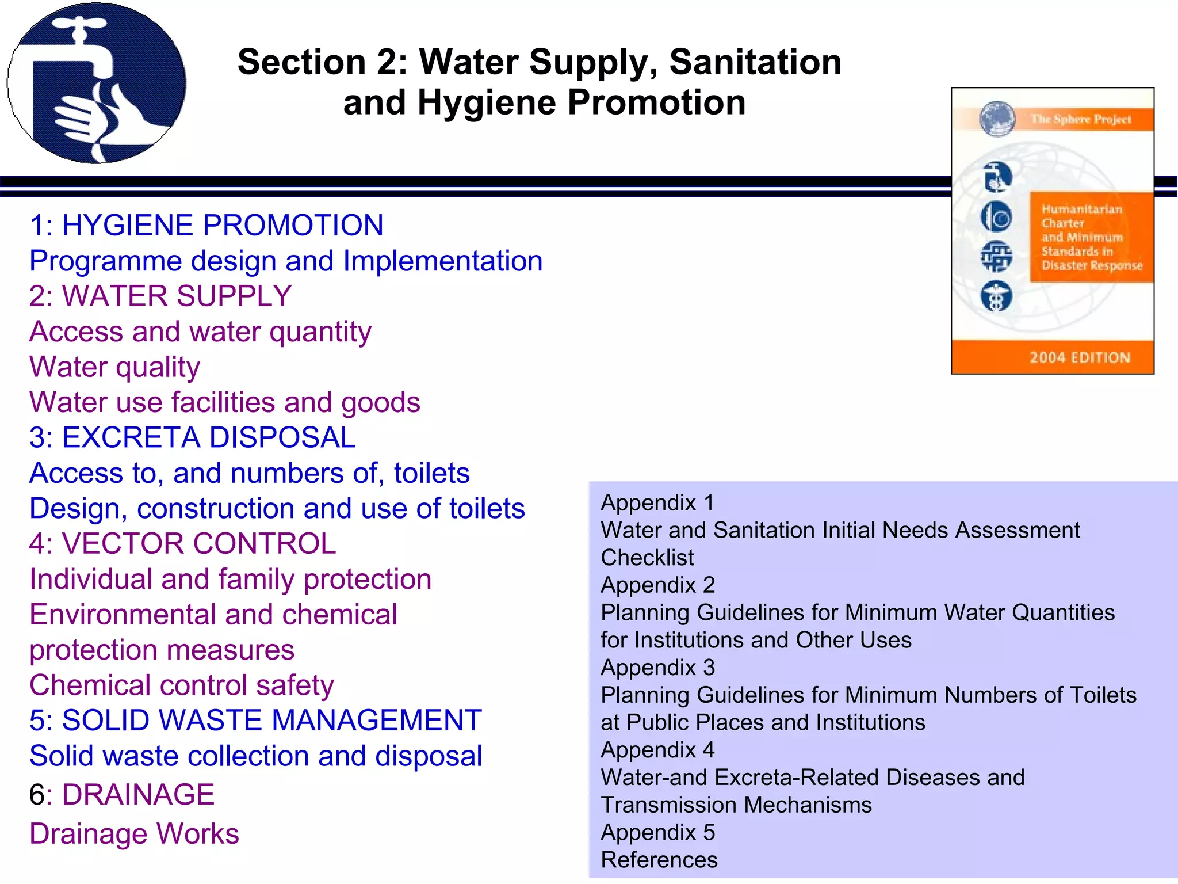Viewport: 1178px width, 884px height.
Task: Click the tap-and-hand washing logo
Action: [x=96, y=83]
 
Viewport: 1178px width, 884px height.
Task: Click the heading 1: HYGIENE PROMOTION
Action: [x=206, y=225]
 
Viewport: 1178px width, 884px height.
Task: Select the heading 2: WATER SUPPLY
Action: [x=160, y=296]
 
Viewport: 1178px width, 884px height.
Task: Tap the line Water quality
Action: [x=114, y=367]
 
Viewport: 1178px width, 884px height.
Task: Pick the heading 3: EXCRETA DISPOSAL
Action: [x=193, y=438]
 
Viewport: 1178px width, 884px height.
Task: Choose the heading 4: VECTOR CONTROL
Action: [x=182, y=544]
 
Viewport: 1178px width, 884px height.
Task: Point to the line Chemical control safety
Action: [x=181, y=685]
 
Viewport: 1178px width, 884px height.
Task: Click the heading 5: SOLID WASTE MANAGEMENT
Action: [x=255, y=721]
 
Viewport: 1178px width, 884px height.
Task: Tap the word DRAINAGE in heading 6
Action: [x=138, y=795]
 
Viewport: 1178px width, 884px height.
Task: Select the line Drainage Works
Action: [x=134, y=834]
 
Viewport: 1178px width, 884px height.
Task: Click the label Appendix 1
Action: [x=657, y=503]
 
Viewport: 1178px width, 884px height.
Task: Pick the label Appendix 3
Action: [x=657, y=668]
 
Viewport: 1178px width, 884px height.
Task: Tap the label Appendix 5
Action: [x=657, y=833]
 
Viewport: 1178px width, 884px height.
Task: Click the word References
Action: [x=659, y=860]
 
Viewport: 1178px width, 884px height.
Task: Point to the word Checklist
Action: [x=647, y=558]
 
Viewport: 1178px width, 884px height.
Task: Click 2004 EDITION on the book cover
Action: [x=1080, y=358]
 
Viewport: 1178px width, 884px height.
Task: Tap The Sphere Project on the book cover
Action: [x=1080, y=119]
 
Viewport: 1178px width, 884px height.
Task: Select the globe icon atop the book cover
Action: [x=997, y=119]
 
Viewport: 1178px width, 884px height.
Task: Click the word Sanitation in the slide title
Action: [x=755, y=62]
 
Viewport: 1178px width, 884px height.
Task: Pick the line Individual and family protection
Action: [x=230, y=580]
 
